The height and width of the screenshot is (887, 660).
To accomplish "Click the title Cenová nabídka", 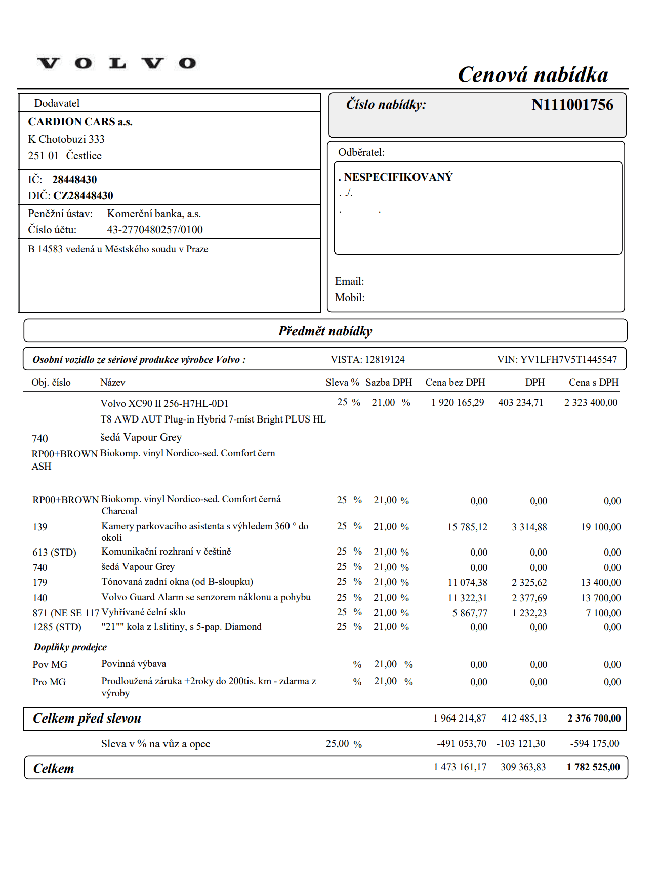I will pos(532,75).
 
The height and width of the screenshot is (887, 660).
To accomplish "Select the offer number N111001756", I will pos(572,105).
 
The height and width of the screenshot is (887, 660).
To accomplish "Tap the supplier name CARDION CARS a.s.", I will pos(80,122).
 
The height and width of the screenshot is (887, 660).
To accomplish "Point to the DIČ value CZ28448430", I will pos(83,196).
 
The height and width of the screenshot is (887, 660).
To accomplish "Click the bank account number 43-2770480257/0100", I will pos(154,230).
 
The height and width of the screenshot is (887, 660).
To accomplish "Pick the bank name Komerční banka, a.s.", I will pos(154,214).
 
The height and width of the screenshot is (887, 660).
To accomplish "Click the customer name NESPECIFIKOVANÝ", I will pos(398,177).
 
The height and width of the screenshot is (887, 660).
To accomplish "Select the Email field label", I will pos(349,281).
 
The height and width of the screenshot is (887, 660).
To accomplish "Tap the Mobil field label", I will pos(350,298).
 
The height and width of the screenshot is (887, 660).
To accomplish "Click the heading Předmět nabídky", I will pos(325,331).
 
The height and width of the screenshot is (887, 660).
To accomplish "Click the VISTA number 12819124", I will pos(385,360).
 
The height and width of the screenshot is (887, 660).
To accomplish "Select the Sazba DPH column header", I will pos(389,383).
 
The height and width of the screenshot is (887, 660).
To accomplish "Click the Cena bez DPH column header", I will pos(455,383).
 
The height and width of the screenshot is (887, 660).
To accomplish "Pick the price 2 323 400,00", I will pos(591,403).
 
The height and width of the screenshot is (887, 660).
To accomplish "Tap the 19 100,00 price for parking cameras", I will pos(600,527).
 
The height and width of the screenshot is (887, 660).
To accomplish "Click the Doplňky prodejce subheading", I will pos(70,647).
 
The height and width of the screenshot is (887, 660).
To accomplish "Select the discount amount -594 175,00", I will pos(594,744).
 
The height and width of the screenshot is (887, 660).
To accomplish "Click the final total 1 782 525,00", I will pos(593,767).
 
